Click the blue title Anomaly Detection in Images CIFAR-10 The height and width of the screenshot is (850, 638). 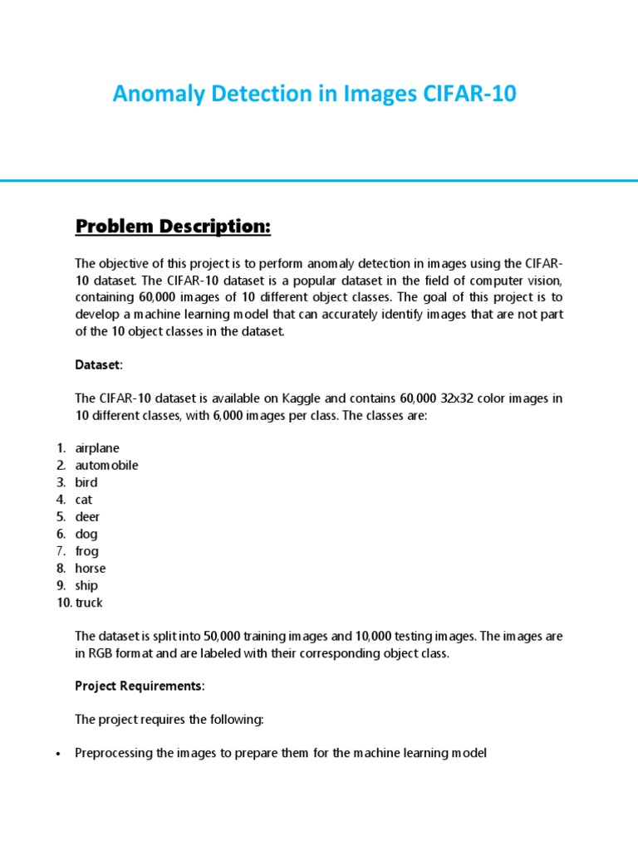(x=314, y=95)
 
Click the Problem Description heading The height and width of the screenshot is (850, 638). (x=174, y=227)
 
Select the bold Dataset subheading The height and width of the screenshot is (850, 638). (x=98, y=364)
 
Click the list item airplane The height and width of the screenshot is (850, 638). (x=97, y=448)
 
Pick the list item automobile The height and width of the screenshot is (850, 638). (x=106, y=465)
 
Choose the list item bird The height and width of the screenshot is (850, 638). (x=86, y=482)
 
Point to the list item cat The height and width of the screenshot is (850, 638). (x=84, y=500)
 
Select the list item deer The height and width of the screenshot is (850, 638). (x=87, y=517)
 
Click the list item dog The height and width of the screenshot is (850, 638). (x=86, y=535)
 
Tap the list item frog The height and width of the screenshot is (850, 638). (x=86, y=551)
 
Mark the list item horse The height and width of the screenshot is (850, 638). (x=91, y=569)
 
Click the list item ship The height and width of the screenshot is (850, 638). (x=86, y=585)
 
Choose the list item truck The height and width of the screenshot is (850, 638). (x=89, y=603)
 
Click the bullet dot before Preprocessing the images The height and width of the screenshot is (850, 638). (x=57, y=755)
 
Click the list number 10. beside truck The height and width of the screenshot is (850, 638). (x=65, y=603)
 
